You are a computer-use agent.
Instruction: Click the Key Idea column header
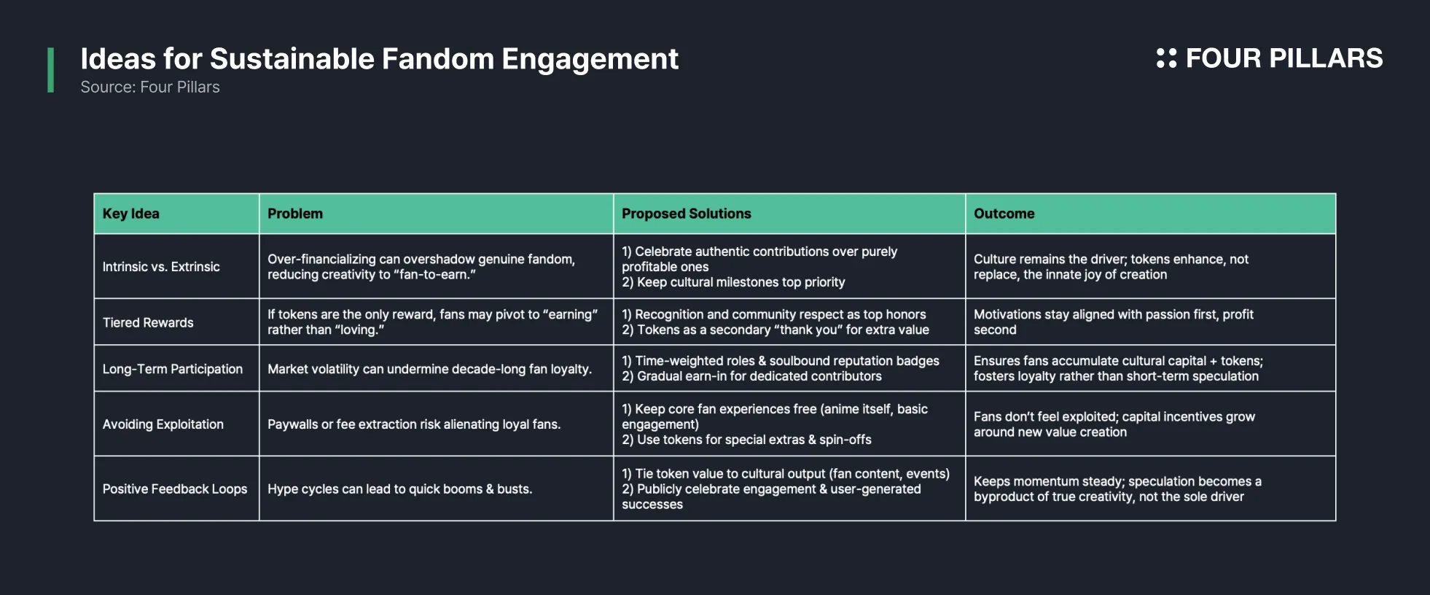131,214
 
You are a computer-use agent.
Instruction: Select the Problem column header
295,214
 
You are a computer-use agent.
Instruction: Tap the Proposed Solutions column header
687,214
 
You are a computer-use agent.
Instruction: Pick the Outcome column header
1004,214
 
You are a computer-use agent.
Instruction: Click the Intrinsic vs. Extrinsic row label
161,267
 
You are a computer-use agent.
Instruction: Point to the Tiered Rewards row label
148,322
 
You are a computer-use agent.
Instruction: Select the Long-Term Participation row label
173,369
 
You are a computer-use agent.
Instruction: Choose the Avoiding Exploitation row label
163,424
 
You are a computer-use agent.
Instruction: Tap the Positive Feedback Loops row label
175,489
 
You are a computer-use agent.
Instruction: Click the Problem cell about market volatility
430,369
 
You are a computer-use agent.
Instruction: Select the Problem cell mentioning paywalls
414,424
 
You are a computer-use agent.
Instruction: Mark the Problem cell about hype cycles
400,489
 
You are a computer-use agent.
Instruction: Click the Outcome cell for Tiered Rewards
1114,322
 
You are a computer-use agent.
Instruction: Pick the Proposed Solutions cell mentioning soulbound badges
781,368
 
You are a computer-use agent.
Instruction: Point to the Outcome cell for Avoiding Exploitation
1114,424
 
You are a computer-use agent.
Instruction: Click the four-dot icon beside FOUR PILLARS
1167,58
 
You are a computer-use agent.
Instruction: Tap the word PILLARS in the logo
1326,58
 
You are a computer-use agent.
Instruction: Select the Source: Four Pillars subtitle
150,87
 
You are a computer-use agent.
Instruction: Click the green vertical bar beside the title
50,70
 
